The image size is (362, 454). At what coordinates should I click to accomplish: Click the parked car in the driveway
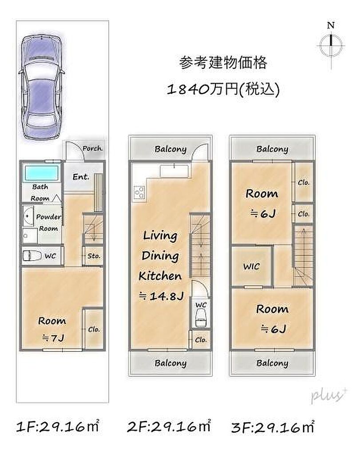pyautogui.click(x=42, y=87)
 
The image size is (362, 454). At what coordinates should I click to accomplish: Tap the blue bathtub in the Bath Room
pyautogui.click(x=41, y=173)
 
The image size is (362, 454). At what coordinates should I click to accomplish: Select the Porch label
pyautogui.click(x=92, y=149)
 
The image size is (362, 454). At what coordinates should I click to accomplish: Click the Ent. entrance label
pyautogui.click(x=81, y=176)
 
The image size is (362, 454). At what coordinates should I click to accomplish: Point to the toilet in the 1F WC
pyautogui.click(x=32, y=256)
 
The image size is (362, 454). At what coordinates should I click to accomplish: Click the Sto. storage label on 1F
pyautogui.click(x=94, y=256)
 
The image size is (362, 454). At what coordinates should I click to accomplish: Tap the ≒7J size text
pyautogui.click(x=53, y=338)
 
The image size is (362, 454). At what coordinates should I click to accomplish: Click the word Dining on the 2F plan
pyautogui.click(x=160, y=256)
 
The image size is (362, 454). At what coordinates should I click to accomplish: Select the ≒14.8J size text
pyautogui.click(x=161, y=296)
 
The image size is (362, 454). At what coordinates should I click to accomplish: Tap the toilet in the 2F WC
pyautogui.click(x=201, y=317)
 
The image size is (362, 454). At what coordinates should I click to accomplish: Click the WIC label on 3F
pyautogui.click(x=251, y=266)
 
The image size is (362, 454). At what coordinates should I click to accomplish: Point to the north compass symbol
pyautogui.click(x=330, y=46)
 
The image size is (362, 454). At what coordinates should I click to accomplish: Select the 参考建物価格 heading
pyautogui.click(x=223, y=63)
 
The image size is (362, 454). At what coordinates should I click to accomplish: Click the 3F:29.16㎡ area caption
pyautogui.click(x=273, y=427)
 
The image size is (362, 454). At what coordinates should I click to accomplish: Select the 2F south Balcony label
pyautogui.click(x=171, y=363)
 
